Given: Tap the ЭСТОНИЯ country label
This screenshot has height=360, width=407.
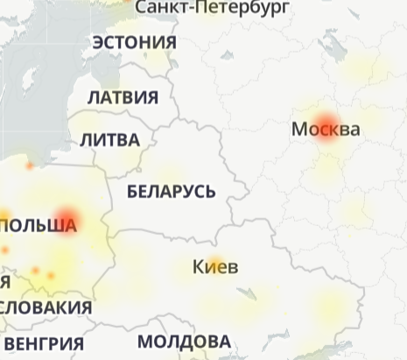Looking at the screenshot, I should point(134,42).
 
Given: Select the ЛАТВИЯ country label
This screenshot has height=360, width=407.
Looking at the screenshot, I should point(123,96).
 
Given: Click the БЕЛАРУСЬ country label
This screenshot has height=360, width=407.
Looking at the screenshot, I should point(171,191).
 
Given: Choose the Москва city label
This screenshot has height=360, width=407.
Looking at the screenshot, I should point(326,130).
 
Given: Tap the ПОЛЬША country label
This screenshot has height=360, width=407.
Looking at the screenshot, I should point(39,226).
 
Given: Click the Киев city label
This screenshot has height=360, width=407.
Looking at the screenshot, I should point(214,266).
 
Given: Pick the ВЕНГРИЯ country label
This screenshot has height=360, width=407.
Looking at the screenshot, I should point(44,342).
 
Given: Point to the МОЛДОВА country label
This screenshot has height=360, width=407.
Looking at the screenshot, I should point(184,342).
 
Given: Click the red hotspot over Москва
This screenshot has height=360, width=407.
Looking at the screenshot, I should point(326,122).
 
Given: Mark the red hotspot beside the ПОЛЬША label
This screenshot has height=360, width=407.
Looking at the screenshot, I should point(68,218).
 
